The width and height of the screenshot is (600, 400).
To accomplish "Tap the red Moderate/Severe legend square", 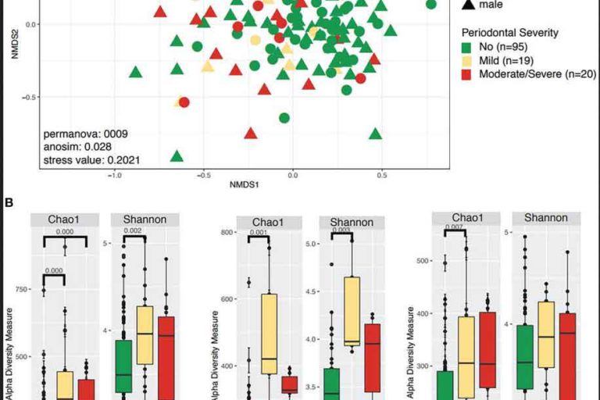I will [467, 74].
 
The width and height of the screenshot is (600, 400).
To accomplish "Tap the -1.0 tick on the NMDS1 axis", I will [115, 175].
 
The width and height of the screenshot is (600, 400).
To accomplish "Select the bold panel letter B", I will [9, 203].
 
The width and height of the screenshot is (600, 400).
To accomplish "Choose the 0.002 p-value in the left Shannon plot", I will [134, 230].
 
